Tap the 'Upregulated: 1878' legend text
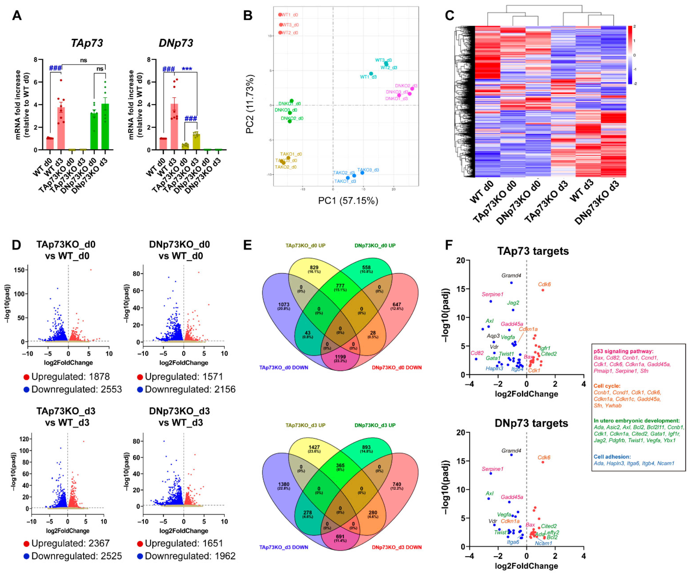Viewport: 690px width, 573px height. click(71, 377)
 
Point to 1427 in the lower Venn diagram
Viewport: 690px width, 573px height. click(314, 447)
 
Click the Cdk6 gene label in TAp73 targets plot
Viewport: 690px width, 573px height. click(545, 284)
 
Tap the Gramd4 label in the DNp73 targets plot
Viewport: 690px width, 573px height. click(511, 451)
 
